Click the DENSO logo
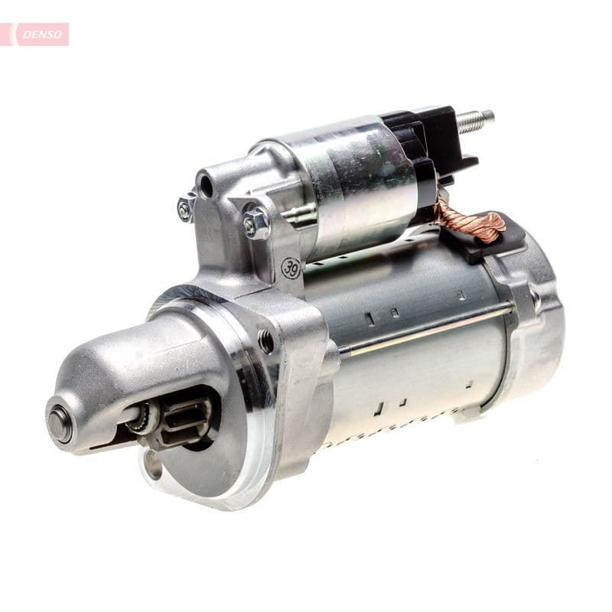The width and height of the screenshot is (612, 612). [x=40, y=34]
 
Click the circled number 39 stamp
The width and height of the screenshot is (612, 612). [x=291, y=268]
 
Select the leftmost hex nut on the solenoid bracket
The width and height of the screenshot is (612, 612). [x=186, y=207]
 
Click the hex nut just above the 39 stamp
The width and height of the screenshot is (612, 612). [x=256, y=223]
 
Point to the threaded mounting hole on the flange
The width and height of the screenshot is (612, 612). [x=265, y=341]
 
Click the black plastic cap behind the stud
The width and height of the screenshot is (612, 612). [x=428, y=145]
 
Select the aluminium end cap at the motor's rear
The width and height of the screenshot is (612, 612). [x=535, y=321]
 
